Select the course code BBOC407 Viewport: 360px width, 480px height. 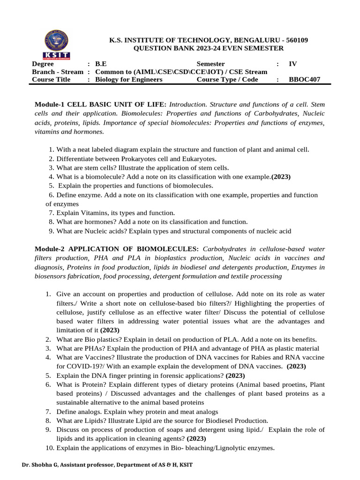coord(305,80)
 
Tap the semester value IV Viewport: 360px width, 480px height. coord(293,64)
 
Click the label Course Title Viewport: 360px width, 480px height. coord(51,80)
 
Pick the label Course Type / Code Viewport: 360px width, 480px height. coord(227,80)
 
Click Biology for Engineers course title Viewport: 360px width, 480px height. coord(128,80)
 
